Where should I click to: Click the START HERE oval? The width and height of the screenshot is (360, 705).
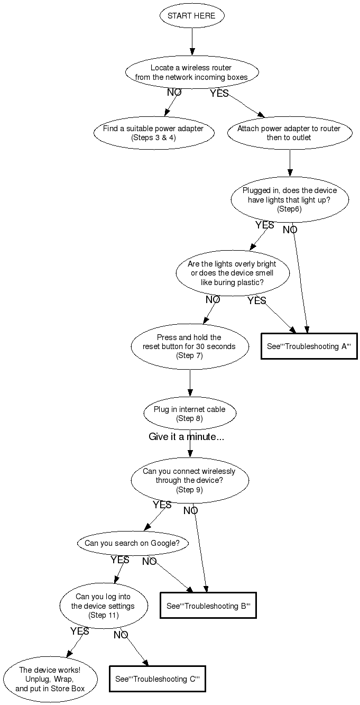[x=191, y=16]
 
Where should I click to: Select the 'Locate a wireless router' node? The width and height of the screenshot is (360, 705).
[x=191, y=72]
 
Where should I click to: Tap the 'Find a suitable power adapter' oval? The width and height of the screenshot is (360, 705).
[x=154, y=133]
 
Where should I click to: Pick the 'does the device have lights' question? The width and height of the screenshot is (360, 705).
[x=289, y=199]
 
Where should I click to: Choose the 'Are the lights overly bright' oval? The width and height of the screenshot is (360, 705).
[x=232, y=273]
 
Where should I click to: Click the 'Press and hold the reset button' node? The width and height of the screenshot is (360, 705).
[x=189, y=346]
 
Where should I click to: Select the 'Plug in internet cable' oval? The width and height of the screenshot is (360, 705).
[x=189, y=414]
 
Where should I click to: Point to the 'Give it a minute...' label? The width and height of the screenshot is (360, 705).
[x=186, y=437]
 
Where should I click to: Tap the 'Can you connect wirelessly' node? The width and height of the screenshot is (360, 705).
[x=189, y=480]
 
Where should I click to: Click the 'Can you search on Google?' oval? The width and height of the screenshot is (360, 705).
[x=132, y=543]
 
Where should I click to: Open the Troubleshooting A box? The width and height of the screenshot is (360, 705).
[x=309, y=346]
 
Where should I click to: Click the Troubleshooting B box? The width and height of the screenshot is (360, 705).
[x=208, y=606]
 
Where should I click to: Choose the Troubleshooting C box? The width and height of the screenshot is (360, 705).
[x=157, y=679]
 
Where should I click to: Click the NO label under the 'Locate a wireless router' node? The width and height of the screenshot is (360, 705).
[x=174, y=93]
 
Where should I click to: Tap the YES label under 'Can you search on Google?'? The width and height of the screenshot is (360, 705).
[x=120, y=560]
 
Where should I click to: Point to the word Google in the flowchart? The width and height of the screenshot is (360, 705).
[x=162, y=543]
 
